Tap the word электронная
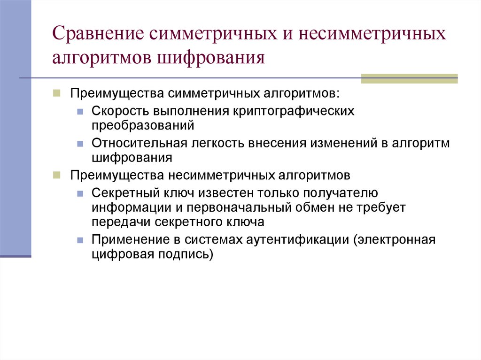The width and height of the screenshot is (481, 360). click(396, 240)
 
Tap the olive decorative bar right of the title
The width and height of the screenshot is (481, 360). click(409, 78)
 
